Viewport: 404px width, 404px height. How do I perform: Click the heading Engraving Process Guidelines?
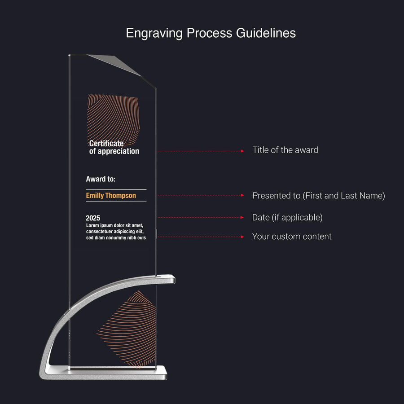coord(211,33)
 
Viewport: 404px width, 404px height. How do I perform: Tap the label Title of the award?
coord(285,150)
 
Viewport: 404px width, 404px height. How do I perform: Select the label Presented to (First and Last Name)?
coord(318,196)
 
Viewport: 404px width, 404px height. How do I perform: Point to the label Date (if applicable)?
coord(287,218)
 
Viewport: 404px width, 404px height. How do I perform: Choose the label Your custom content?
coord(292,237)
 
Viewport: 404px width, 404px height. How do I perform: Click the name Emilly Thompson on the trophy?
coord(111,196)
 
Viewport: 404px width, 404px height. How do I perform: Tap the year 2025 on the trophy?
coord(93,218)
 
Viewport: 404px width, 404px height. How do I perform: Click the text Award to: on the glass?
coord(101,179)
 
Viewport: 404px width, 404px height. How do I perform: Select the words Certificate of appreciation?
coord(114,147)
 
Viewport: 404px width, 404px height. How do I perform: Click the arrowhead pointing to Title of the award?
coord(242,151)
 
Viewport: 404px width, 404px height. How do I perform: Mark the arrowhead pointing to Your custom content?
coord(242,237)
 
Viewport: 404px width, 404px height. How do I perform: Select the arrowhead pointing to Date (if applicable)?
coord(242,218)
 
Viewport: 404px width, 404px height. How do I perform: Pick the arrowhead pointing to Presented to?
coord(242,196)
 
